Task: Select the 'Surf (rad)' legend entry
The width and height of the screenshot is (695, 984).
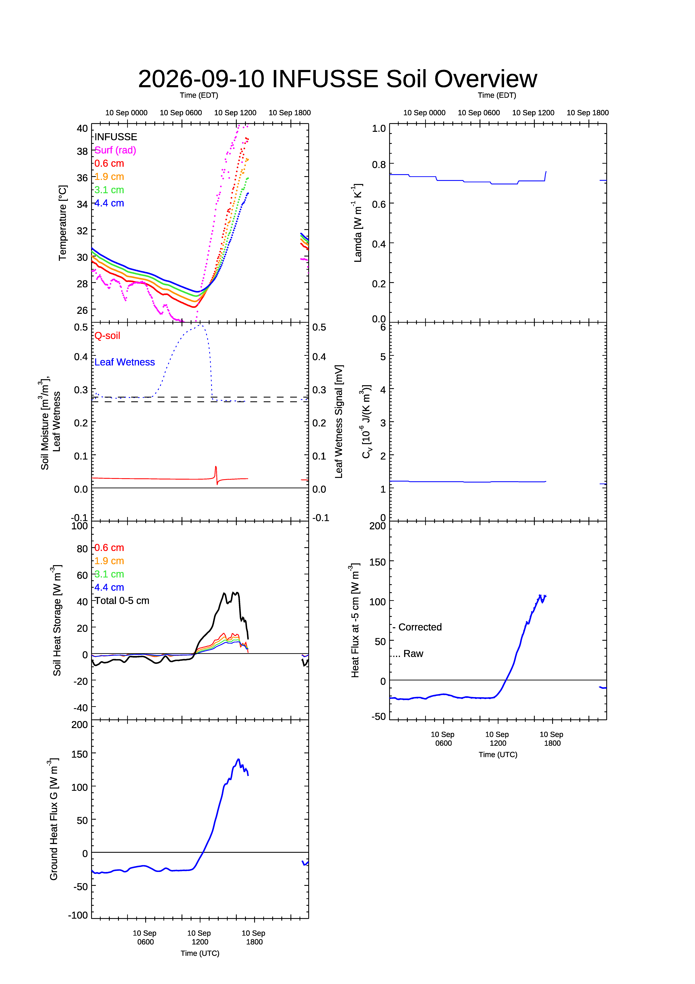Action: coord(115,150)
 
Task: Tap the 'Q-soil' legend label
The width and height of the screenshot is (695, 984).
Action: coord(107,336)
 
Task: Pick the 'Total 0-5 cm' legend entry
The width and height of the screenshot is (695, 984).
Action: coord(122,600)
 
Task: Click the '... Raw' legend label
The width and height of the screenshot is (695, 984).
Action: coord(408,654)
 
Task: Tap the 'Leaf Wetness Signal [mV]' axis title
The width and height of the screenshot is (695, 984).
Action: coord(339,422)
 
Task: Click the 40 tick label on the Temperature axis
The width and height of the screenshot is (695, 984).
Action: coord(82,129)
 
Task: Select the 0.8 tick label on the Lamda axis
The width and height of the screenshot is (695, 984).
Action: coord(379,165)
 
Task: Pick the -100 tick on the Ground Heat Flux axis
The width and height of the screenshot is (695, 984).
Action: coord(78,915)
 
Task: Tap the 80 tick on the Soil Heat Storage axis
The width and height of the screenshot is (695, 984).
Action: coord(82,549)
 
